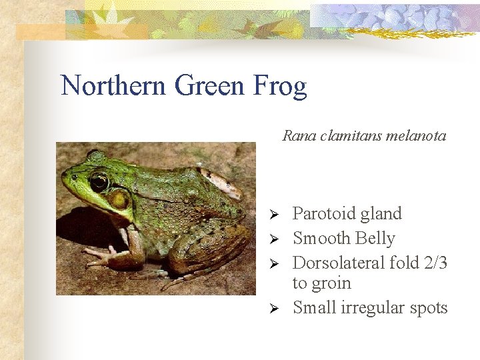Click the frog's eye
(99, 181)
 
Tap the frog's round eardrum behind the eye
(119, 198)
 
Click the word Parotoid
(322, 214)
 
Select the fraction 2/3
(435, 263)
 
